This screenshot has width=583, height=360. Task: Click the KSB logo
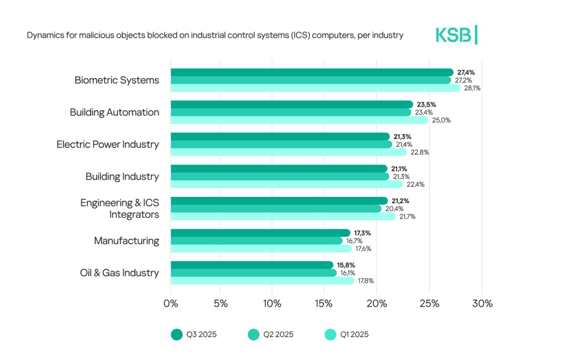[456, 36]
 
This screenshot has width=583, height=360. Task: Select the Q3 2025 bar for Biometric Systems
[311, 72]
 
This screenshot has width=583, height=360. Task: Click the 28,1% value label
[472, 88]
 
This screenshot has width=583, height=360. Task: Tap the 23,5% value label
[426, 105]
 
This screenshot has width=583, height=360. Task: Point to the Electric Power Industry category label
[108, 144]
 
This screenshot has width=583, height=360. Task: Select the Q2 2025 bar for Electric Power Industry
[281, 144]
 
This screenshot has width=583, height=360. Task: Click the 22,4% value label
[416, 185]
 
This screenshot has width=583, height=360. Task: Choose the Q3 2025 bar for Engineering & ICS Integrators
[279, 201]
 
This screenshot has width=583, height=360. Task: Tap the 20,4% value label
[394, 208]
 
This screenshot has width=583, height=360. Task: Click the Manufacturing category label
[126, 241]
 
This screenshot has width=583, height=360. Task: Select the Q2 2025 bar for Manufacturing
[256, 241]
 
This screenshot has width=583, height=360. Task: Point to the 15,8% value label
[346, 265]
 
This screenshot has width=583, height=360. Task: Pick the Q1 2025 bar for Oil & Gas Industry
[262, 281]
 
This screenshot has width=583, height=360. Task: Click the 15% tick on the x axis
[324, 303]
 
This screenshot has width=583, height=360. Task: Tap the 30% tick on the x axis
[482, 303]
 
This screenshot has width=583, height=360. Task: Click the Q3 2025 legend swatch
[176, 335]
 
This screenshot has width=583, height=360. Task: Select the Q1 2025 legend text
[354, 335]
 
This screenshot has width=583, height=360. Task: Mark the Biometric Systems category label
[117, 80]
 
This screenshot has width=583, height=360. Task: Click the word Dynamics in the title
[44, 36]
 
